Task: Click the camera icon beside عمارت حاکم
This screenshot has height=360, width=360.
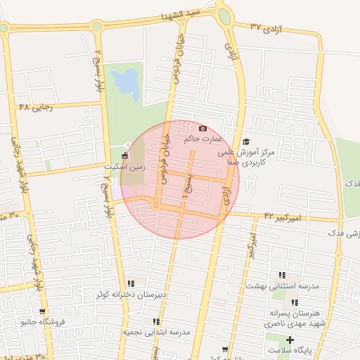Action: tap(203, 128)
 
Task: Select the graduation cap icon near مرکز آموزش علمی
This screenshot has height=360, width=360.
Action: tap(246, 142)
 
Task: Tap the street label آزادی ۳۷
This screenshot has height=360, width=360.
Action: tap(266, 27)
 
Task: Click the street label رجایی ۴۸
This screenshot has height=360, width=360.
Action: tap(34, 107)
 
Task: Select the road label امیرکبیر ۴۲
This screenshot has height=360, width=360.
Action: tap(283, 217)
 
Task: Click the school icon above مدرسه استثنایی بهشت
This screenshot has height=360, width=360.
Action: tap(282, 275)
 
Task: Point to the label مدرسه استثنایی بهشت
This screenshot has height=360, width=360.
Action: tap(282, 286)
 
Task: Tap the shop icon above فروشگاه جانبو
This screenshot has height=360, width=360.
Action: tap(42, 311)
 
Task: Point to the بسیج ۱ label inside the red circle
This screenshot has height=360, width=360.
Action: tap(187, 187)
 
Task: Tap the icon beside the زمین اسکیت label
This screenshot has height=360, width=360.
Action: tap(125, 155)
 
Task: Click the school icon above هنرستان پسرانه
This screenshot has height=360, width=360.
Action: tap(295, 302)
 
